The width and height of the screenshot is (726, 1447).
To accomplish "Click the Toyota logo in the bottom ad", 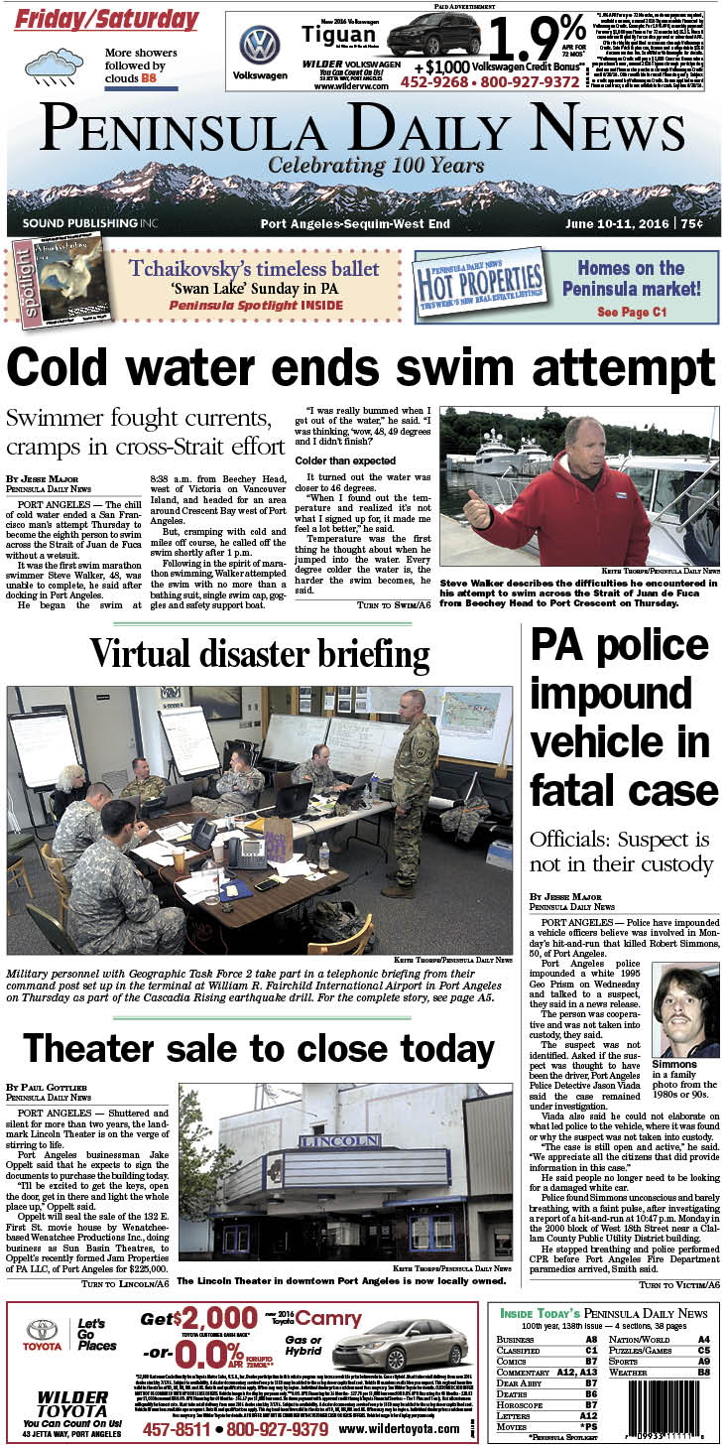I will (42, 1332).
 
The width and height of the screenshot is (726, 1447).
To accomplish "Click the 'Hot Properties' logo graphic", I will (480, 286).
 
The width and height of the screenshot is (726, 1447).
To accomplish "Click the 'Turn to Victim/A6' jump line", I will (679, 1284).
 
